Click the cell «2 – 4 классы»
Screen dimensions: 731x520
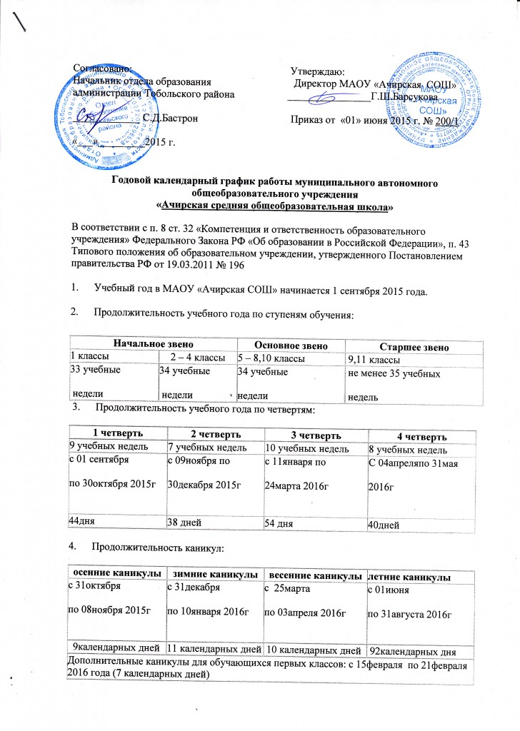click(x=195, y=358)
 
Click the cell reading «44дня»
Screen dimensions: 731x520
click(x=83, y=521)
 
